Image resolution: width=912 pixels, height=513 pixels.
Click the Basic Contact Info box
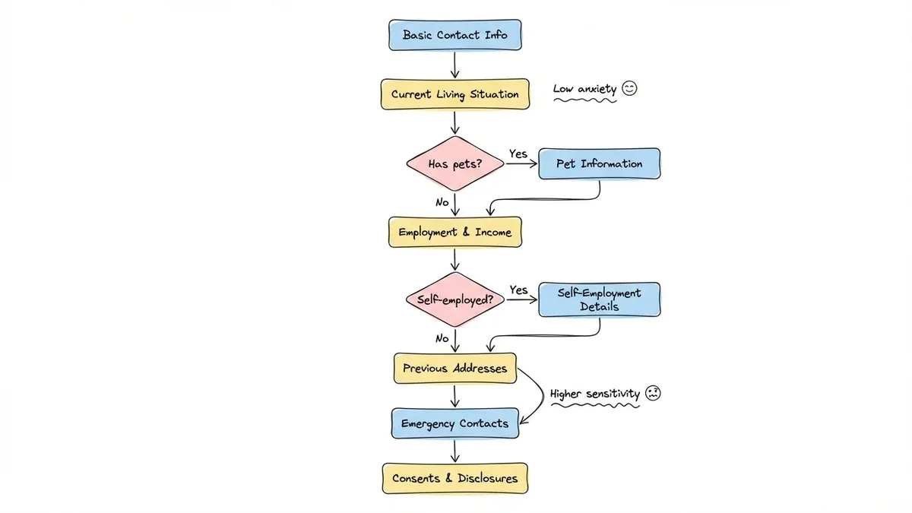tap(454, 35)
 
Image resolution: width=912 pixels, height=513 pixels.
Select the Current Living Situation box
tap(454, 95)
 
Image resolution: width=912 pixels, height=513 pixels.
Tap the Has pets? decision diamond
tap(455, 163)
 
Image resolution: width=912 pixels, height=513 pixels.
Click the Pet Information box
tap(599, 163)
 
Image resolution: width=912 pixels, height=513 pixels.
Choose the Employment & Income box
tap(454, 233)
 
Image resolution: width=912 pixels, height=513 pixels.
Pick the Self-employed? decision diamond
tap(455, 299)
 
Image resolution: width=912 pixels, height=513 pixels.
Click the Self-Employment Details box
tap(599, 299)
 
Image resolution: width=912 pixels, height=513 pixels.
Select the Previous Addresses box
tap(454, 368)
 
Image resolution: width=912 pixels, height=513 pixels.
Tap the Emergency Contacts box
tap(454, 423)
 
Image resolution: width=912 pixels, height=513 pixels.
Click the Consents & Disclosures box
tap(454, 479)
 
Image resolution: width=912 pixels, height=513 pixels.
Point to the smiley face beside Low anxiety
tap(629, 88)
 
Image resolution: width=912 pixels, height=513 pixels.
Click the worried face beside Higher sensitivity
tap(653, 394)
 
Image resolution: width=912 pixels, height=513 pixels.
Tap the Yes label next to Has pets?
tap(518, 154)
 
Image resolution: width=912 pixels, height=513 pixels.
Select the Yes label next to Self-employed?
tap(518, 290)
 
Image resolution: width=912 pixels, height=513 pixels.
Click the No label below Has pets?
tap(442, 202)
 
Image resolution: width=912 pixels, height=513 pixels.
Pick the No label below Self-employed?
tap(442, 338)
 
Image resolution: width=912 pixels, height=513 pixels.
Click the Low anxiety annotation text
tap(584, 90)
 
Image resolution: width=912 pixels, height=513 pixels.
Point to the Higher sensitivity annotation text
tap(595, 394)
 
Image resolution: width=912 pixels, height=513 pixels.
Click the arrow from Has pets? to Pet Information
tap(521, 163)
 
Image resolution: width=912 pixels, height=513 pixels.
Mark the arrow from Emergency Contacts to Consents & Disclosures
tap(455, 451)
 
